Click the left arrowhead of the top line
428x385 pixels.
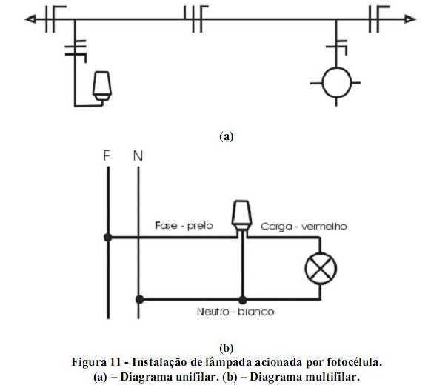tap(30, 19)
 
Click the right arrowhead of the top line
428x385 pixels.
tap(410, 19)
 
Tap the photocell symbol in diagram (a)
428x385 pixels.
tap(102, 86)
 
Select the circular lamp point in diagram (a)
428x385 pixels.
tap(336, 83)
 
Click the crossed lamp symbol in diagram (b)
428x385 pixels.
tap(321, 269)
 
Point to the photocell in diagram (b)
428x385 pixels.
tap(241, 216)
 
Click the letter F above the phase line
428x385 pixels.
tap(107, 155)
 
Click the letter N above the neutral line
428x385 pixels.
tap(138, 155)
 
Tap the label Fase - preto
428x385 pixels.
tap(184, 226)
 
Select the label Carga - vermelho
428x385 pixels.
tap(304, 227)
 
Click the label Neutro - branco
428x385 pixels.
tap(235, 312)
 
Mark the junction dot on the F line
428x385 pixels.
tap(108, 238)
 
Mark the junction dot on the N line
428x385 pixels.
tap(139, 299)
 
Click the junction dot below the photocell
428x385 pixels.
tap(242, 300)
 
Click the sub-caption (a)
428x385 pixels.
tap(227, 136)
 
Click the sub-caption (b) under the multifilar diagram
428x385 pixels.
tap(227, 348)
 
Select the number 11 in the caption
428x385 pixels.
tap(116, 362)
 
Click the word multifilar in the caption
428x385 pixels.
tap(331, 377)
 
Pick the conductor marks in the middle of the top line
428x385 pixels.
tap(196, 19)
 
